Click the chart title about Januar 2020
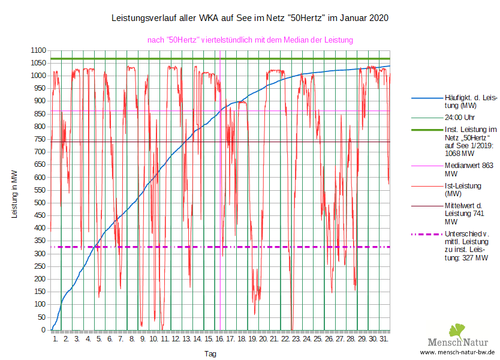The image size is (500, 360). click(x=250, y=18)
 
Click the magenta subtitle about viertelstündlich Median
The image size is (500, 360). click(x=250, y=40)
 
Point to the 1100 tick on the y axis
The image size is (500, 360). click(x=38, y=50)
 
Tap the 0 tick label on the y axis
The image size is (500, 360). click(x=43, y=330)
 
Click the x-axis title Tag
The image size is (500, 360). click(x=210, y=354)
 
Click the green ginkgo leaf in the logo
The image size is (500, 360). click(x=457, y=331)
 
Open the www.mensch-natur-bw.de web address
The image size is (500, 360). click(x=457, y=352)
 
